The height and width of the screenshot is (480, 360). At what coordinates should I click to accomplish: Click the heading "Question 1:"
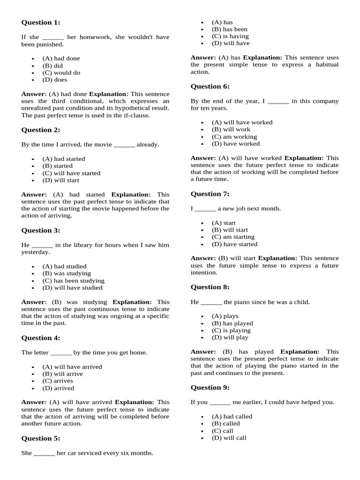(41, 22)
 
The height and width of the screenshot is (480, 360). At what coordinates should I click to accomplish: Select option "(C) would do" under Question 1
(61, 73)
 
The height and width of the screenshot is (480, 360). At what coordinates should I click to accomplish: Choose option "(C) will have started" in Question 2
(71, 173)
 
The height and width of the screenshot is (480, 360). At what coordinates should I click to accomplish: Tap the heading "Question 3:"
(41, 230)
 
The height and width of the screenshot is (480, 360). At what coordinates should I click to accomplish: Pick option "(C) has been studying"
(73, 280)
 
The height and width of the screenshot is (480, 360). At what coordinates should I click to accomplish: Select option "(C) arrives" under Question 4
(58, 381)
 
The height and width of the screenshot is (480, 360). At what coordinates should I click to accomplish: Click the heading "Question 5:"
(41, 438)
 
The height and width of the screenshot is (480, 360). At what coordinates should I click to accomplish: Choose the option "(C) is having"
(230, 36)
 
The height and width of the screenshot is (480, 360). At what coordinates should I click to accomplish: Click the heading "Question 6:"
(210, 86)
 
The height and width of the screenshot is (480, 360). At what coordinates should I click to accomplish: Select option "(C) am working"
(234, 136)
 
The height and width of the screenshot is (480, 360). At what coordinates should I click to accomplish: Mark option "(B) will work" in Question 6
(231, 129)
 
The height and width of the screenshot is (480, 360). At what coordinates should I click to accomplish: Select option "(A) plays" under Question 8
(225, 316)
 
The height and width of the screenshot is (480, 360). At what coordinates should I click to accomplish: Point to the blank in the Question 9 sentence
(220, 403)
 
